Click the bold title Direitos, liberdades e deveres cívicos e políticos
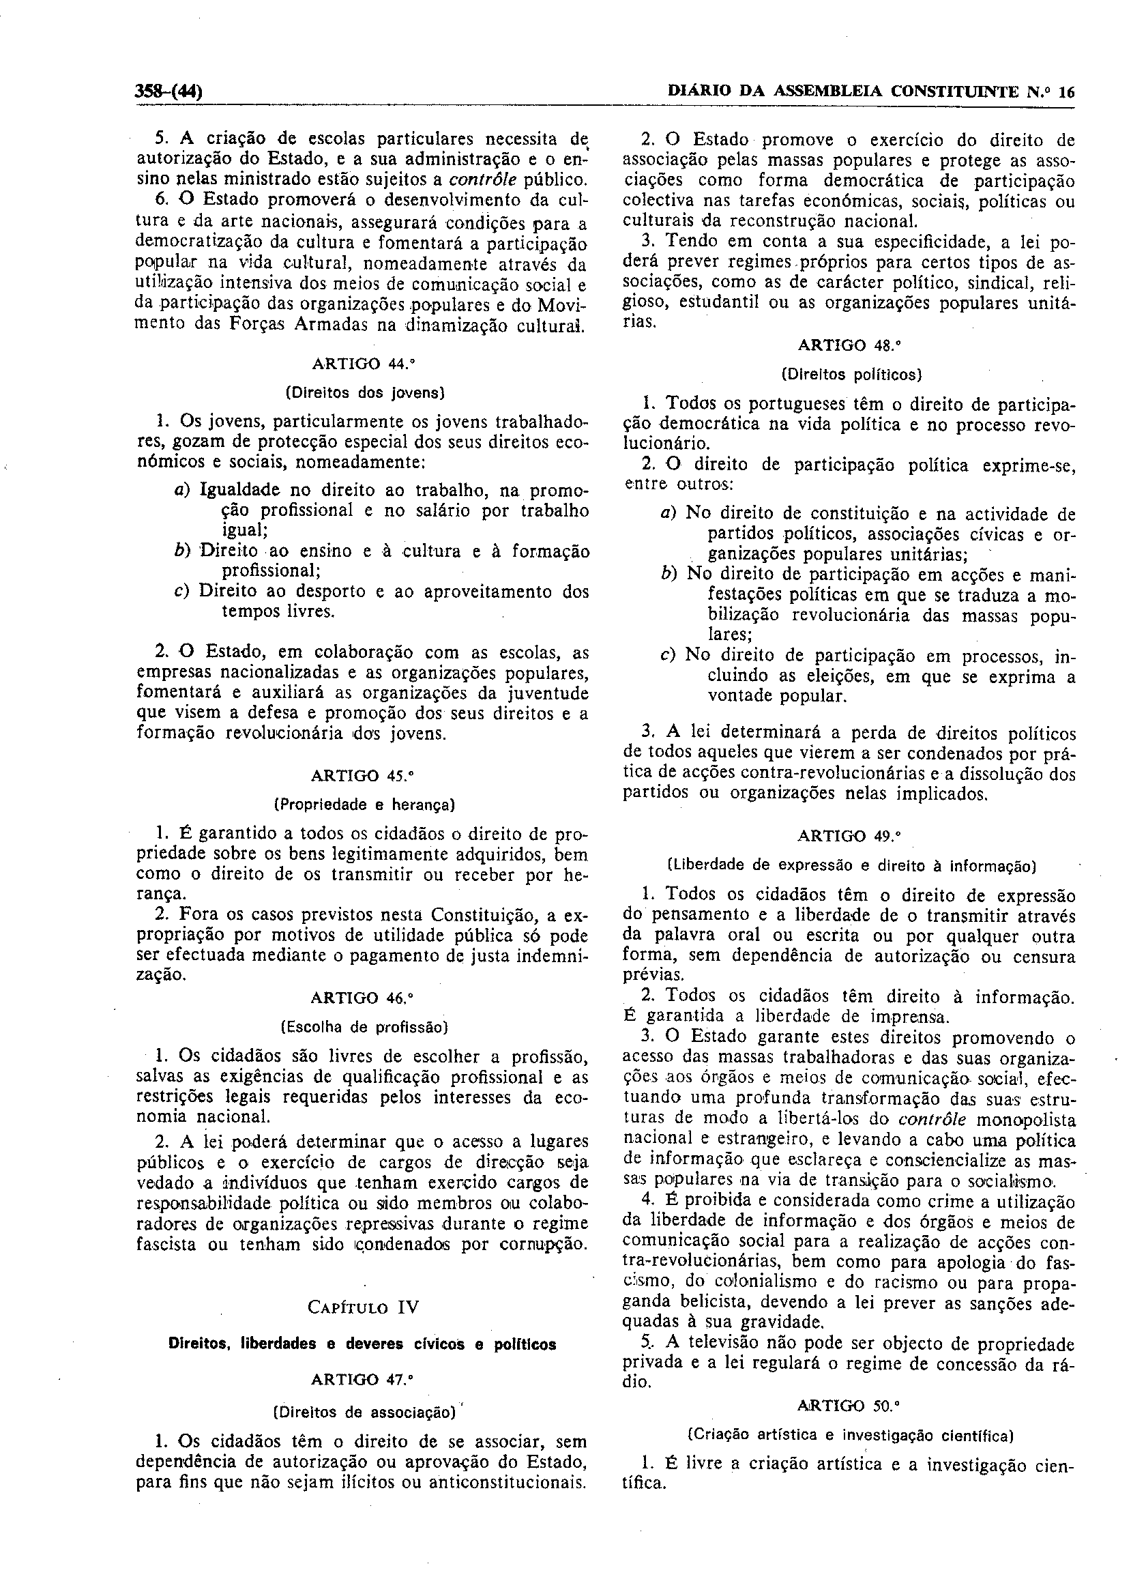[x=363, y=1344]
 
